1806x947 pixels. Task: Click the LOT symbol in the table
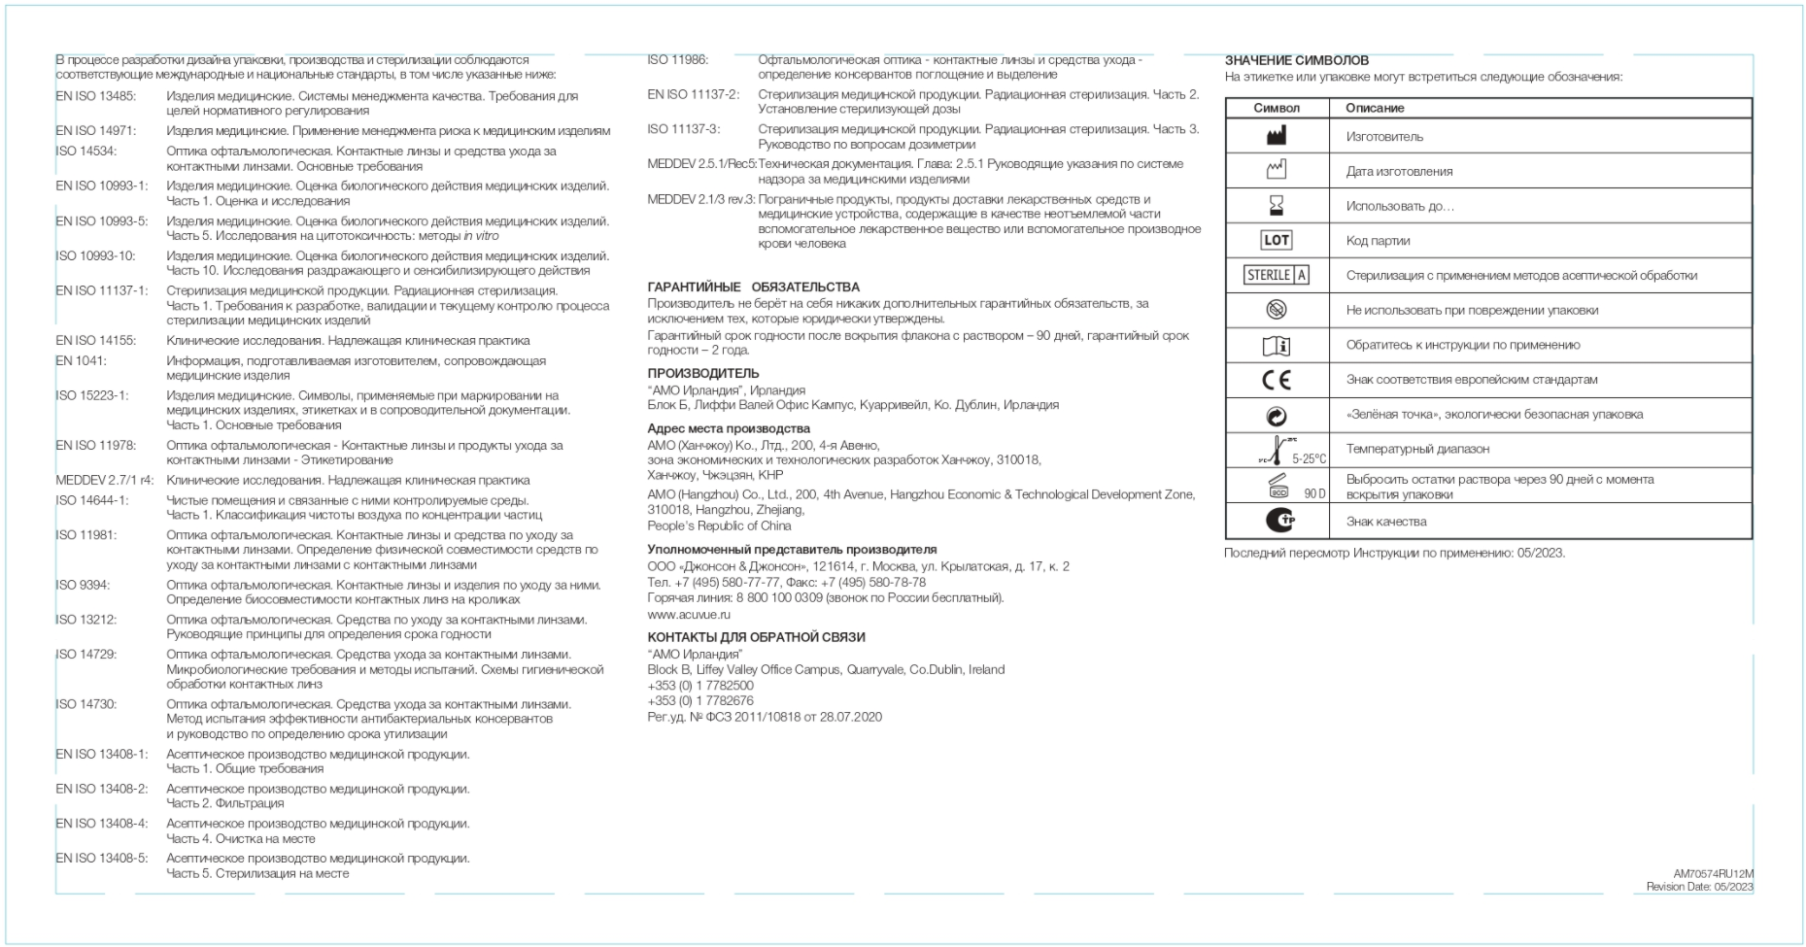pos(1276,240)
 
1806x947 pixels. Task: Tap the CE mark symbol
pos(1276,380)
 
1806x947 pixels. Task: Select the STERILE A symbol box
pos(1276,275)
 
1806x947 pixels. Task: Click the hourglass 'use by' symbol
pos(1276,206)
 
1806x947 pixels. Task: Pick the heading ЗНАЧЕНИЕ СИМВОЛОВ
pos(1296,60)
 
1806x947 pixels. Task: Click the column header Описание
pos(1375,108)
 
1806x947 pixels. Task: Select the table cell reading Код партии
pos(1378,241)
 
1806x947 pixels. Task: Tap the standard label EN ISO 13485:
pos(96,96)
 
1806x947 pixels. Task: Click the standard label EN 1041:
pos(82,361)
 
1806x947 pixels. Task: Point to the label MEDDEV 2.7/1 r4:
pos(105,481)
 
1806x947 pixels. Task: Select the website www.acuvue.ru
pos(689,615)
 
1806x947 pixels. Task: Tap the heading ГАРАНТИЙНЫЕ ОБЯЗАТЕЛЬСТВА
pos(753,287)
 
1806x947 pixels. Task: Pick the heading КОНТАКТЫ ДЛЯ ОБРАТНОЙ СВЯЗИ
pos(756,638)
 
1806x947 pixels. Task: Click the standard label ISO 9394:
pos(83,586)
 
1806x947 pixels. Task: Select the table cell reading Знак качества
pos(1386,523)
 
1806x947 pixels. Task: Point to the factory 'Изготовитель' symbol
pos(1276,137)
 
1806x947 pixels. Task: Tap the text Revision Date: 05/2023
pos(1699,887)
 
